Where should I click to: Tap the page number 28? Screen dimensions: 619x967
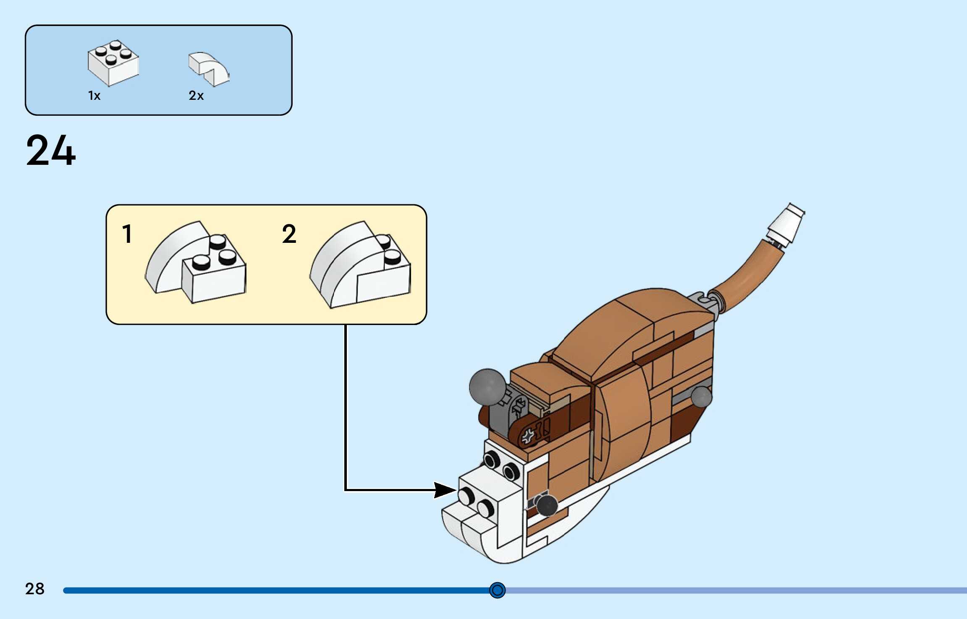(34, 589)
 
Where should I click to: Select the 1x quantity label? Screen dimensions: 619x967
(94, 96)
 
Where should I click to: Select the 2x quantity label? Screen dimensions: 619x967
(196, 96)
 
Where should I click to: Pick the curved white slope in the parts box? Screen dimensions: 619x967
(209, 69)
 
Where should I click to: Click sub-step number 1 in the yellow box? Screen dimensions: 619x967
(127, 234)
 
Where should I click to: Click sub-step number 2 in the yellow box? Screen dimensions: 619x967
(289, 234)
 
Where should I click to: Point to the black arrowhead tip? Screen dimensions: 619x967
(455, 489)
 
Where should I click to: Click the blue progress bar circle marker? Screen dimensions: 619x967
(497, 590)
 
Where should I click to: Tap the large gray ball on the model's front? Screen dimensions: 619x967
(487, 386)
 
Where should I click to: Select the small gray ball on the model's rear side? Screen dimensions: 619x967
(701, 396)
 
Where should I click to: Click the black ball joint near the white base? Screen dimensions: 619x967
(547, 505)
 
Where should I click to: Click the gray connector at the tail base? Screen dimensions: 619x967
(703, 302)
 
